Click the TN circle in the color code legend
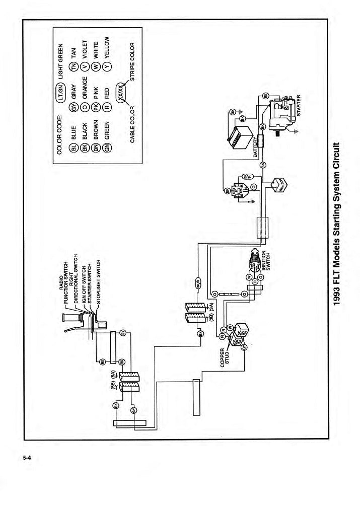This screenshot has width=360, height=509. click(x=74, y=67)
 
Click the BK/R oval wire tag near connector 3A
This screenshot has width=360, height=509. click(x=198, y=282)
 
